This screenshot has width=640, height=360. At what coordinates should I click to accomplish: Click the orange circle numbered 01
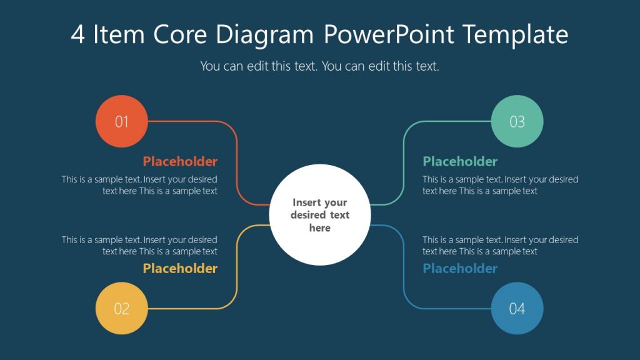click(x=121, y=121)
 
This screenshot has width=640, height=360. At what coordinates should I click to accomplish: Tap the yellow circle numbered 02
click(x=121, y=308)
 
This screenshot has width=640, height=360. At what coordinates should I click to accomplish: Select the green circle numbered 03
click(x=517, y=121)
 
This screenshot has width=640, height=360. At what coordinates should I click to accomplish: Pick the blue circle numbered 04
click(x=517, y=308)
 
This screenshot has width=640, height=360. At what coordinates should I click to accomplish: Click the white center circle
click(x=319, y=215)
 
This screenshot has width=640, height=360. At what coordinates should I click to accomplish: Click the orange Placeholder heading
click(x=180, y=161)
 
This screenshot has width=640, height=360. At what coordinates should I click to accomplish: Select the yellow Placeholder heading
click(x=180, y=268)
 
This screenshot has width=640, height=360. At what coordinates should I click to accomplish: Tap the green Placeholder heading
click(x=460, y=161)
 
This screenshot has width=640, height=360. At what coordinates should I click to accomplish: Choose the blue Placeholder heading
click(x=460, y=268)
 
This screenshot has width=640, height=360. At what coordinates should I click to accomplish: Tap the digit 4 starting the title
click(x=77, y=36)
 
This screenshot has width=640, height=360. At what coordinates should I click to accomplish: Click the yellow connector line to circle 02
click(x=237, y=269)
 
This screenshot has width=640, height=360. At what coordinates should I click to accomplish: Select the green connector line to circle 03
click(x=403, y=162)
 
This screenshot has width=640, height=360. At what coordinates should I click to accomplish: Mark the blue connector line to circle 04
click(x=403, y=269)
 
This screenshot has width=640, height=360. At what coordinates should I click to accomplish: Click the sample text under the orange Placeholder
click(x=139, y=185)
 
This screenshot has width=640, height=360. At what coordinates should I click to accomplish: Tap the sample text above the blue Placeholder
click(x=500, y=246)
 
